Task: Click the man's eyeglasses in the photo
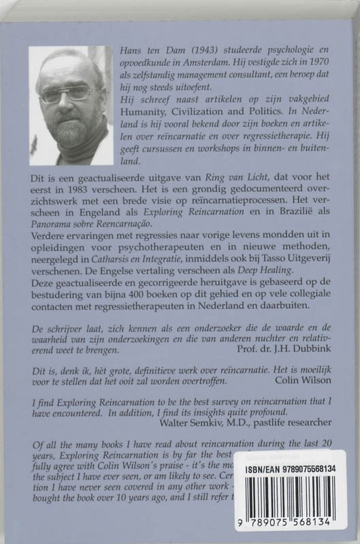67,93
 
